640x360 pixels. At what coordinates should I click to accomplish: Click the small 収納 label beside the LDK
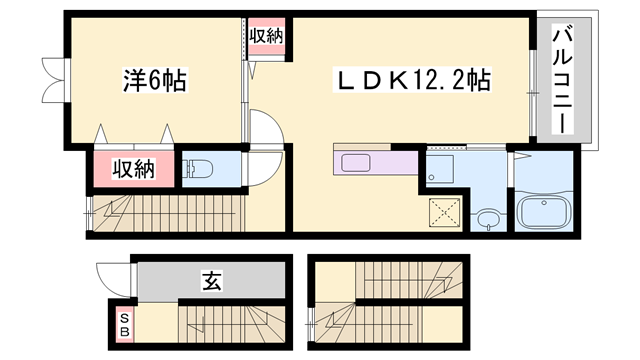pos(266,36)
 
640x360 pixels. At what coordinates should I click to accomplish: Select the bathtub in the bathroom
pos(542,213)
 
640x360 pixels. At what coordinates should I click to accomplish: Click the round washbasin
pos(487,218)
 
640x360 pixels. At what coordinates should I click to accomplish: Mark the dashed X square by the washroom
pos(443,210)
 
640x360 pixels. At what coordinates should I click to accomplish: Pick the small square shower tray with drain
pos(438,170)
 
